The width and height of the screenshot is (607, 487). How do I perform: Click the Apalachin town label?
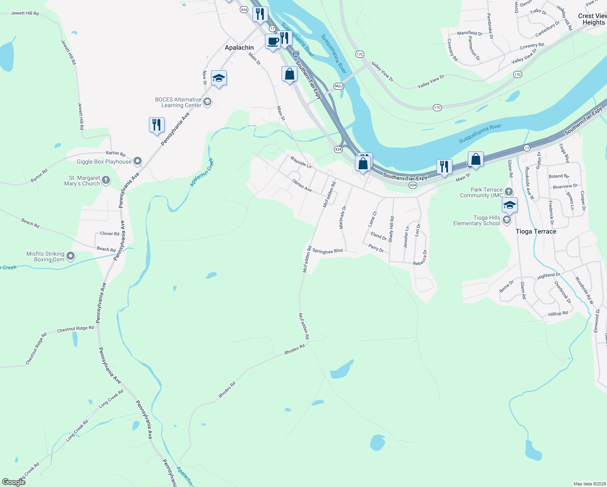pos(239,47)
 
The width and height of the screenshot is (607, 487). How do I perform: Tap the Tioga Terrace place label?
pos(536,231)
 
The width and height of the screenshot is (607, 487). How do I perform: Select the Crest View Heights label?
pos(593,19)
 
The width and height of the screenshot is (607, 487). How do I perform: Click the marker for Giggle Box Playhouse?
pos(138,162)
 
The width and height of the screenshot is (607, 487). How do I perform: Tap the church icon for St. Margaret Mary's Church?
pos(106,180)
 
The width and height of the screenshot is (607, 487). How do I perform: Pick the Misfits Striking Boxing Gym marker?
pos(71,256)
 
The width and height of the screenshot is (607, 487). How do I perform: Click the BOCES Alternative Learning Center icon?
pos(207,102)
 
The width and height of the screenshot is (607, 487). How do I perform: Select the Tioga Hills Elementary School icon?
pos(506,220)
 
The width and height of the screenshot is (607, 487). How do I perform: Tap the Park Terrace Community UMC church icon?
pos(509,192)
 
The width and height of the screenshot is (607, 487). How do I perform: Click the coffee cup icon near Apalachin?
pos(273,41)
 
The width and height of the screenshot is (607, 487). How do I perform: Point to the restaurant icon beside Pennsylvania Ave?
pos(157,125)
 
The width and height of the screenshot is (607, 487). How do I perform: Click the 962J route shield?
pos(338,86)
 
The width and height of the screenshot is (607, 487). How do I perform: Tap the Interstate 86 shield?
pos(296,54)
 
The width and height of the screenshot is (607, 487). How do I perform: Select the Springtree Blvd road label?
pos(327,251)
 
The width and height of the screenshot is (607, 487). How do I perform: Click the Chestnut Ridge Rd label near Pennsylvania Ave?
pos(75,329)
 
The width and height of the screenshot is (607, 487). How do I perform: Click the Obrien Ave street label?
pos(302,185)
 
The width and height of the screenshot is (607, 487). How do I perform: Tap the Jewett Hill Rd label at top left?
pos(25,13)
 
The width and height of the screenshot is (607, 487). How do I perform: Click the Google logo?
pos(14,482)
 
